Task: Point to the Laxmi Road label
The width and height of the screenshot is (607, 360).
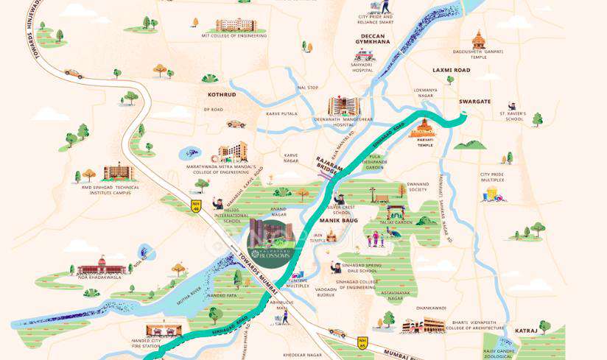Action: pyautogui.click(x=451, y=70)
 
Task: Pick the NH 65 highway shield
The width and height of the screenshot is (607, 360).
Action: pyautogui.click(x=362, y=342)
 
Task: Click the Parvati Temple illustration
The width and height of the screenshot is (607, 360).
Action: pyautogui.click(x=422, y=129)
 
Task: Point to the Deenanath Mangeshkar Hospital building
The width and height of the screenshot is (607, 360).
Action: pyautogui.click(x=343, y=106)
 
